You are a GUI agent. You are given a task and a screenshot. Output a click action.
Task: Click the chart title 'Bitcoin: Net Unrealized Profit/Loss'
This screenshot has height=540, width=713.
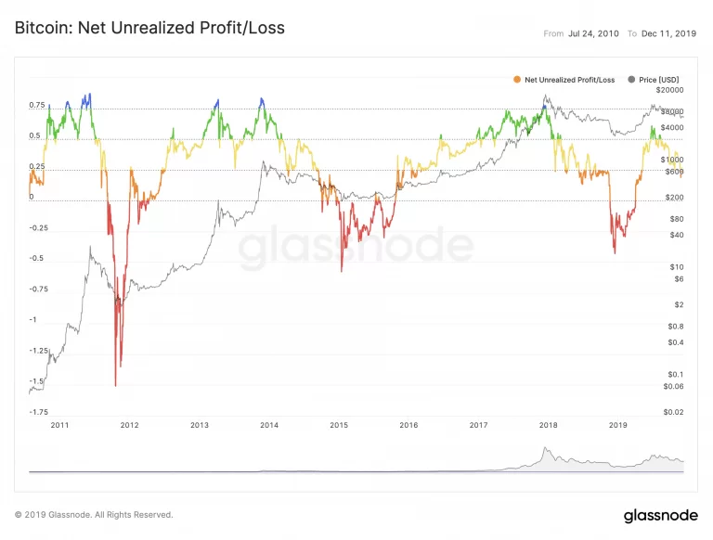click(149, 28)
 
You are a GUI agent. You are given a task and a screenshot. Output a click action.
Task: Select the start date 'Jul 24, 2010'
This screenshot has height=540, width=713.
click(594, 33)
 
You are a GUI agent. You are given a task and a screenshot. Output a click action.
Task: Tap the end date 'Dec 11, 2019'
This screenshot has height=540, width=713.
click(669, 33)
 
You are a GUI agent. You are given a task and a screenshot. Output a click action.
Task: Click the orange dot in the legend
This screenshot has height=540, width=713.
click(517, 80)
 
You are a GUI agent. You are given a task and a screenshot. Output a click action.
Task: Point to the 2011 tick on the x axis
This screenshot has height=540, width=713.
click(59, 425)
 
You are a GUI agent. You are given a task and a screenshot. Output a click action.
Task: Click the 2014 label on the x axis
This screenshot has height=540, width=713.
click(269, 425)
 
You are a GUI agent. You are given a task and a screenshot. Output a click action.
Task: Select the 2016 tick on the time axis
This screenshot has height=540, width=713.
click(408, 425)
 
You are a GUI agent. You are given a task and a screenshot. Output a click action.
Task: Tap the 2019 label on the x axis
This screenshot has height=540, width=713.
click(618, 425)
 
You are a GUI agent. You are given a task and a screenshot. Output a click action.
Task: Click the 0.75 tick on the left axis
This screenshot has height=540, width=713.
click(37, 106)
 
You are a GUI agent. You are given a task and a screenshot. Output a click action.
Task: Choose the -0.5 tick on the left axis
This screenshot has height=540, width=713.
click(37, 259)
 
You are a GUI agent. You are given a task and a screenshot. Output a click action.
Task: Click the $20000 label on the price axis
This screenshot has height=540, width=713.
click(668, 91)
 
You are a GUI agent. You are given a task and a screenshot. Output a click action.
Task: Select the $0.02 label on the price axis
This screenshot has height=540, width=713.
click(672, 412)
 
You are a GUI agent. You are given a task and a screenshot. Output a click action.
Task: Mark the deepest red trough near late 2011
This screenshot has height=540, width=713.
click(115, 385)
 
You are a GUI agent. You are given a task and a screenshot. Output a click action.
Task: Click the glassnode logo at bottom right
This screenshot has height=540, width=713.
click(655, 515)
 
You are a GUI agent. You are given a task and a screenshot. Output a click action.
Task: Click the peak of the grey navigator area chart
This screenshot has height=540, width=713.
click(546, 449)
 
